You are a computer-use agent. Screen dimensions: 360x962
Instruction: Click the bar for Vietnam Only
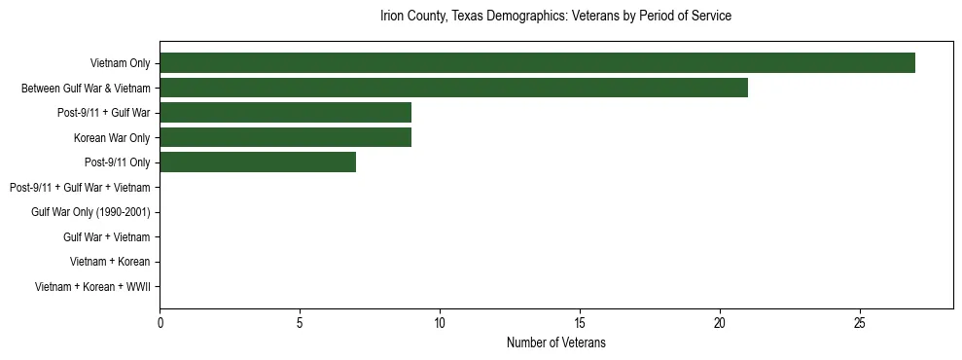click(537, 63)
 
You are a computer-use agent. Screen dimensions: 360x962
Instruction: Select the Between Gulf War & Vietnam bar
click(453, 88)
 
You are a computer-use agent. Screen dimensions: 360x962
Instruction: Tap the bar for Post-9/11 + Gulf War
click(285, 113)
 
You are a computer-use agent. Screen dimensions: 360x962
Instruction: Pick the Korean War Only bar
click(285, 137)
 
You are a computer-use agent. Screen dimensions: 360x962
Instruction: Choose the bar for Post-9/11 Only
click(258, 162)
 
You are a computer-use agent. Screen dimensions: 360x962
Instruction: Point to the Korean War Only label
click(112, 138)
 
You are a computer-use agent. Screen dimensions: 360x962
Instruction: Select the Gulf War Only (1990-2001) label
click(90, 212)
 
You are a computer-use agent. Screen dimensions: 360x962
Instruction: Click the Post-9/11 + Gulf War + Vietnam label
click(80, 187)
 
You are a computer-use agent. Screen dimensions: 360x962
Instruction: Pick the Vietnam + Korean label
click(110, 262)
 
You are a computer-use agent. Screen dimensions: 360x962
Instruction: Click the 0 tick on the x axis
click(160, 322)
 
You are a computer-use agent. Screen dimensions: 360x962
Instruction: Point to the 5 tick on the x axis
click(300, 322)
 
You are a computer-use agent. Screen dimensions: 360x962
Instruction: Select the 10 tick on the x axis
click(440, 322)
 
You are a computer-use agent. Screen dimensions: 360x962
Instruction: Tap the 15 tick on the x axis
click(580, 322)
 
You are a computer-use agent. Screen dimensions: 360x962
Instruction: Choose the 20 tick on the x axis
click(720, 322)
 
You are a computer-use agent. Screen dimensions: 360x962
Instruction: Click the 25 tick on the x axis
click(860, 322)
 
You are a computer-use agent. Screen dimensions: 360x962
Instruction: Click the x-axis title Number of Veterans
click(555, 342)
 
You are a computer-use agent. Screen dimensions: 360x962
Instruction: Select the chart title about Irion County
click(555, 17)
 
